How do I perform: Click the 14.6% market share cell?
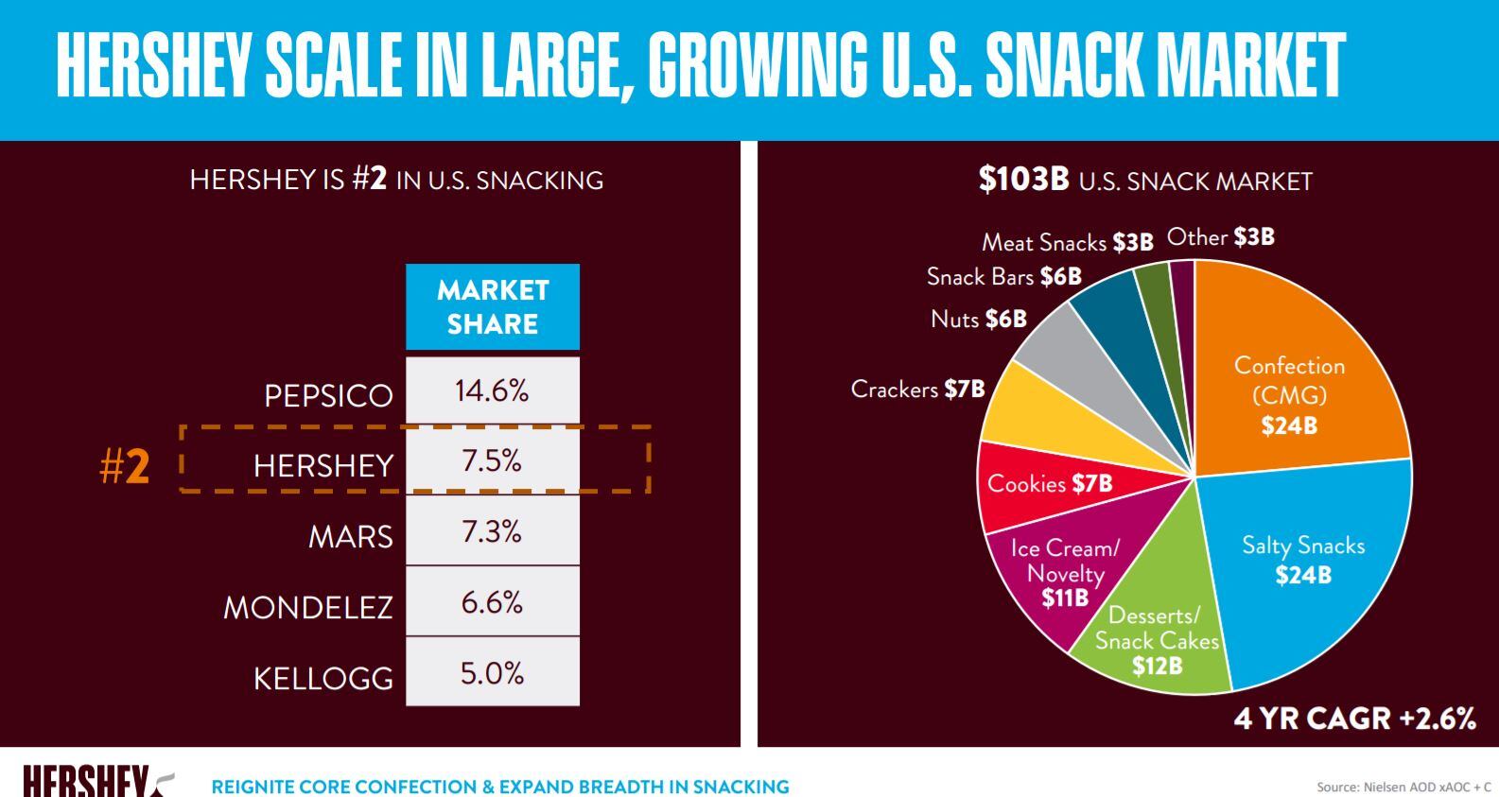coord(492,390)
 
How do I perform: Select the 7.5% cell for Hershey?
coord(492,460)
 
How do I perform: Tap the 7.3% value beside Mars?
coord(492,531)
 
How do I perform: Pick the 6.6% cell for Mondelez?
coord(492,602)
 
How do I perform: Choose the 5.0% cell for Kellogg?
coord(492,673)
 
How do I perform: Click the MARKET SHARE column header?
coord(493,307)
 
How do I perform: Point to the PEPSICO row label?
coord(328,395)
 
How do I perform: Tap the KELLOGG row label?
coord(322,678)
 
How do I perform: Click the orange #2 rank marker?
coord(124,466)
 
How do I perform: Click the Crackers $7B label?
coord(917,389)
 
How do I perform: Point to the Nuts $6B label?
coord(978,319)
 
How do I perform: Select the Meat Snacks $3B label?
coord(1067,242)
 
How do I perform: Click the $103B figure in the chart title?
coord(1023,180)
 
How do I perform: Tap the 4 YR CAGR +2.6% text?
coord(1354,719)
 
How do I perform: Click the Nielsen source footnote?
coord(1403,787)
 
